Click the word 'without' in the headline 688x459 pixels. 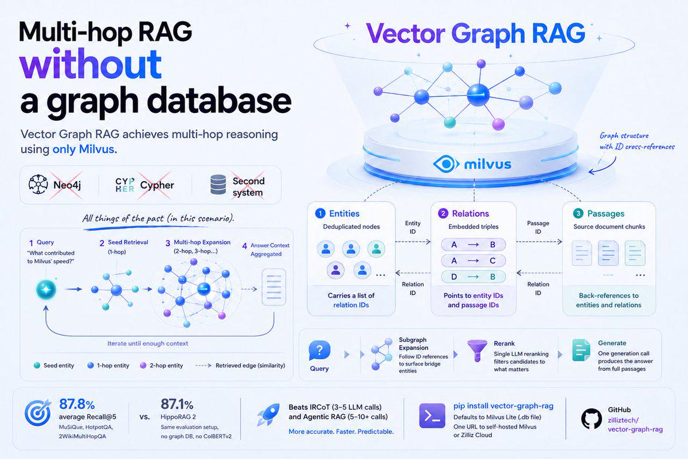pos(91,64)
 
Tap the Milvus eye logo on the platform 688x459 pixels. pos(446,164)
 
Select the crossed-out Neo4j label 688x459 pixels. pos(67,185)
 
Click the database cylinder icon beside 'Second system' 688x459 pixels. pos(218,185)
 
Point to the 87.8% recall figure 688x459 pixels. pos(77,404)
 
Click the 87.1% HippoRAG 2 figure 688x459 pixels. pos(177,404)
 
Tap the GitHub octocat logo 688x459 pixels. pos(592,418)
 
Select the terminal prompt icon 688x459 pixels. pos(432,416)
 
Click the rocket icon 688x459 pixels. pos(269,414)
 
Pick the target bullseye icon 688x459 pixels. pos(38,413)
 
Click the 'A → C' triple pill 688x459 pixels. pos(474,260)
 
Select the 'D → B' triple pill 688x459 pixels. pos(474,277)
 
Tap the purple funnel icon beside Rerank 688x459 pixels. pos(477,351)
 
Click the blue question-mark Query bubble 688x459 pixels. pos(319,350)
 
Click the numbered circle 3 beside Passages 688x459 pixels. pos(578,213)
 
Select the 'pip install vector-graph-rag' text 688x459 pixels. pos(503,406)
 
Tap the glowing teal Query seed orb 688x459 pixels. pos(46,289)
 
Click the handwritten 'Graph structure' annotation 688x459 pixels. pos(624,136)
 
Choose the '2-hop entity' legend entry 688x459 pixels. pos(162,365)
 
